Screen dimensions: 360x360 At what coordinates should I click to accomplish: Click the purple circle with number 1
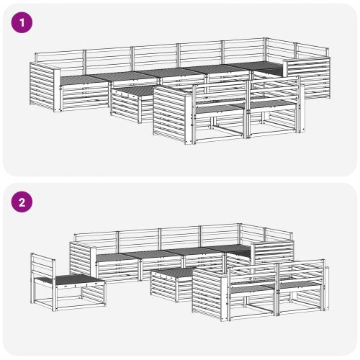pyautogui.click(x=22, y=22)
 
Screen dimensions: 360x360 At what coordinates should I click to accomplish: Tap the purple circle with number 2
pyautogui.click(x=22, y=202)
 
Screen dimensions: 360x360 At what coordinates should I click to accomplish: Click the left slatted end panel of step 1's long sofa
pyautogui.click(x=42, y=86)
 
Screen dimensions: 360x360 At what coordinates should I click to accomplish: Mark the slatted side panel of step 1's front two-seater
pyautogui.click(x=170, y=113)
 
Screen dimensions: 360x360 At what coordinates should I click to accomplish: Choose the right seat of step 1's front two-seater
pyautogui.click(x=271, y=104)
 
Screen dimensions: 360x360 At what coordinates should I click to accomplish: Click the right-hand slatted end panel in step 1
pyautogui.click(x=309, y=77)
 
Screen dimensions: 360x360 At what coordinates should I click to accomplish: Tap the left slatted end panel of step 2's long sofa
pyautogui.click(x=81, y=261)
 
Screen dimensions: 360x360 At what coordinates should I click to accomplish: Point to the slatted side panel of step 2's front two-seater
pyautogui.click(x=207, y=293)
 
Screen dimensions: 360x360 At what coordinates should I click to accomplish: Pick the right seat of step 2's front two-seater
pyautogui.click(x=301, y=284)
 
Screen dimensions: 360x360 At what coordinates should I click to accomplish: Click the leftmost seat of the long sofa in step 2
pyautogui.click(x=114, y=258)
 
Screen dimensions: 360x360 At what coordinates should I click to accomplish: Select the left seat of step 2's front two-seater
pyautogui.click(x=253, y=289)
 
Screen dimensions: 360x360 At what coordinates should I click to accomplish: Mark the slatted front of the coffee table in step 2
pyautogui.click(x=163, y=286)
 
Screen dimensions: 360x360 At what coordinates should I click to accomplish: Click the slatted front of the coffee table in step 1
pyautogui.click(x=125, y=106)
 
